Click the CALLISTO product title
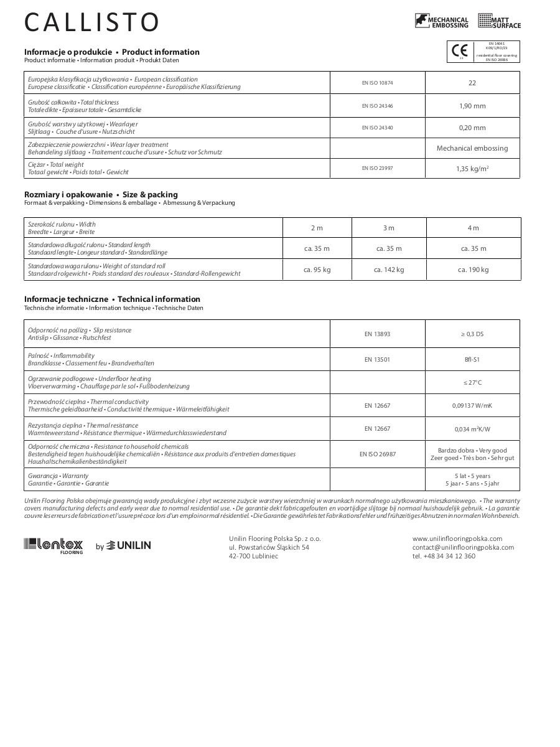pos(91,23)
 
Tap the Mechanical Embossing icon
pos(441,21)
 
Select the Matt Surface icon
pos(499,21)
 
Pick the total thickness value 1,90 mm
pos(472,106)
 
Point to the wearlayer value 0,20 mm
pos(472,128)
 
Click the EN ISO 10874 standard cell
pos(377,83)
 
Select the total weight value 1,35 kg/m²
pos(472,169)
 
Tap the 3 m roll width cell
pos(389,228)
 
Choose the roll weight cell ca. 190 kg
pos(473,270)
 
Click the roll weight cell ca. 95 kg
pos(317,270)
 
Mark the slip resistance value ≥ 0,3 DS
pos(472,334)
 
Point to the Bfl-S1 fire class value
pos(472,359)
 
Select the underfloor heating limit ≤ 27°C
pos(472,382)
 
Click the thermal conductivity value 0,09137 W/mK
pos(472,406)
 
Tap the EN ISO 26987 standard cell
pos(377,454)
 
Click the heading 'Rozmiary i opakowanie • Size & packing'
pos(101,194)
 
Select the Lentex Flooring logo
pos(54,545)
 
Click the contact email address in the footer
pos(463,547)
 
